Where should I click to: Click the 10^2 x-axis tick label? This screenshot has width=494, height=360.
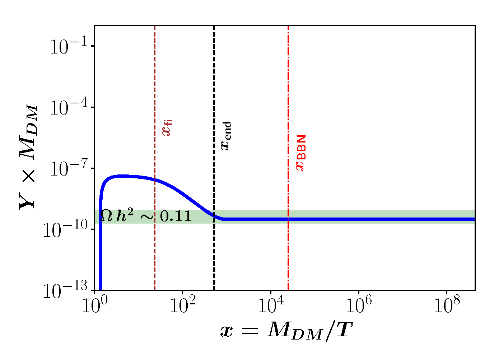coord(182,306)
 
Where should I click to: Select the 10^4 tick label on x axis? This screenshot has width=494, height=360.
coord(270,306)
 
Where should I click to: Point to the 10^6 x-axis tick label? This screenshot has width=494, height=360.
coord(359,306)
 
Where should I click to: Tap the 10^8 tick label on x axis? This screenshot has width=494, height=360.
coord(447,306)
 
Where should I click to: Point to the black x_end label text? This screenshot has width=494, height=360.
coord(226,136)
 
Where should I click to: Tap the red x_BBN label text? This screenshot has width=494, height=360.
coord(300,153)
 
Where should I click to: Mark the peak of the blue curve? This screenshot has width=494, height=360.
coord(122,176)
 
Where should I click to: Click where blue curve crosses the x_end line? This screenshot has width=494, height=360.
coord(214,216)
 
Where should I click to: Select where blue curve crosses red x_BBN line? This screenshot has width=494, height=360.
coord(288,219)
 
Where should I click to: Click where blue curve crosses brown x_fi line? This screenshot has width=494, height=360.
coord(155,179)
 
